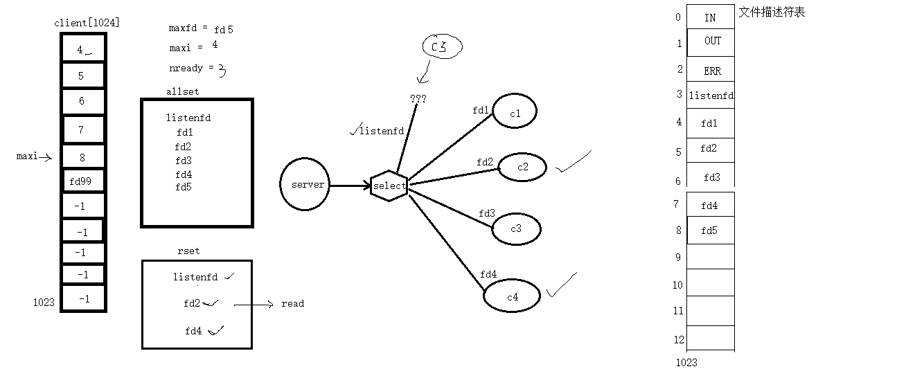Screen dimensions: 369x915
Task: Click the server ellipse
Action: click(x=305, y=185)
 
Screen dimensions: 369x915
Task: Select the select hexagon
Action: click(x=389, y=186)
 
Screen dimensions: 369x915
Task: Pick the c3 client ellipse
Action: click(x=516, y=229)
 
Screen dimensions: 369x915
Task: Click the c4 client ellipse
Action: click(x=513, y=297)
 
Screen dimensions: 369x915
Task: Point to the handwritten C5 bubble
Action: click(x=442, y=46)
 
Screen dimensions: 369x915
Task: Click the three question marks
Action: click(x=418, y=99)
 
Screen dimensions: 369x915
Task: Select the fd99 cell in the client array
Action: click(x=83, y=182)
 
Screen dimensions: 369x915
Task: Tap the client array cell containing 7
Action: click(x=83, y=129)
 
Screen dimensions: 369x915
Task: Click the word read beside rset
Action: click(x=292, y=303)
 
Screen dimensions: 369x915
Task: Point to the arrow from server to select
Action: click(x=350, y=186)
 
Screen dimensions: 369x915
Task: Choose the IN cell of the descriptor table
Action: click(x=710, y=17)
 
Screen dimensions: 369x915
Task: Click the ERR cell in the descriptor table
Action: click(x=712, y=71)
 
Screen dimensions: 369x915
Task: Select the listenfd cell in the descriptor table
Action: click(x=711, y=96)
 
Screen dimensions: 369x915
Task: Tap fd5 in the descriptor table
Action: click(x=709, y=231)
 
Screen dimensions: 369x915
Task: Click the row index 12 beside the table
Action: click(x=679, y=339)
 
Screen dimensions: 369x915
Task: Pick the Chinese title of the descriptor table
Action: click(x=772, y=12)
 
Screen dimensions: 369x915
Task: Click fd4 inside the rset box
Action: click(x=193, y=331)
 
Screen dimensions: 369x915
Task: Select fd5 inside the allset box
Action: click(x=184, y=187)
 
